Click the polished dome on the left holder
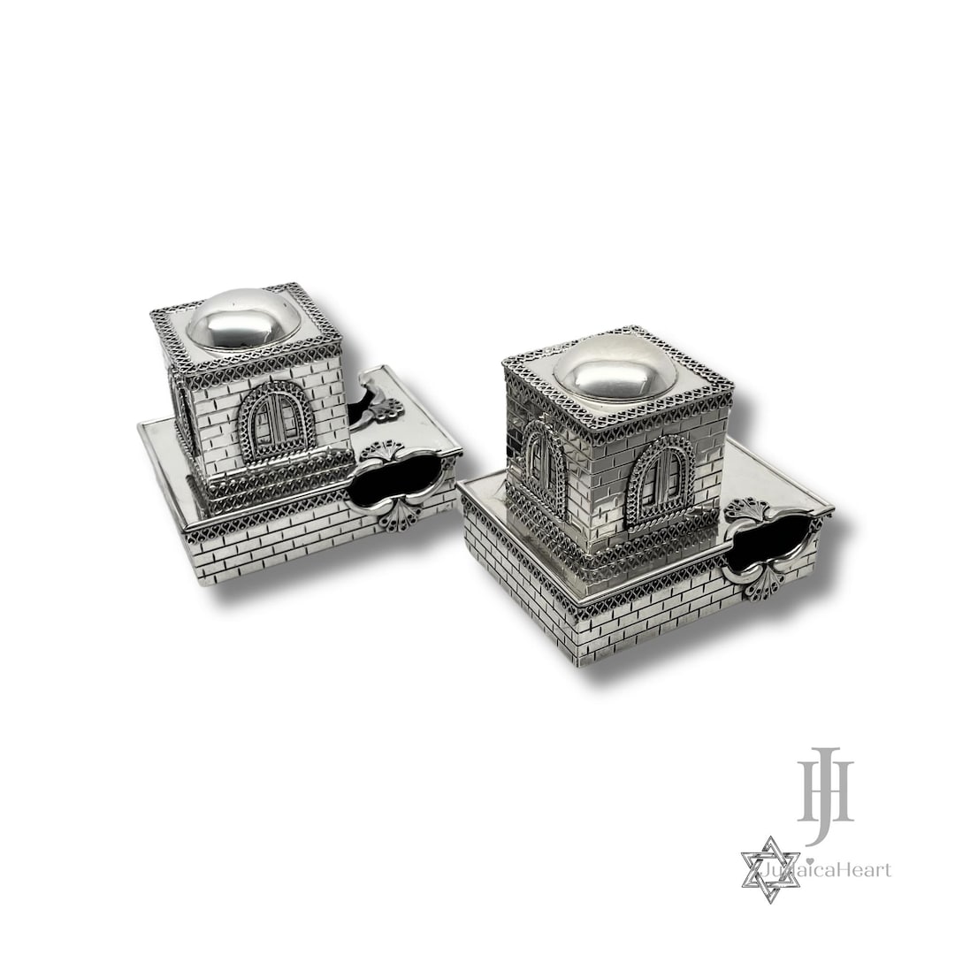[242, 320]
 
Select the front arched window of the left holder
[276, 423]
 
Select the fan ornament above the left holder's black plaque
[382, 450]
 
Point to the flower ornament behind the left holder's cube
[383, 410]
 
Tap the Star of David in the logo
[769, 869]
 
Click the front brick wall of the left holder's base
[265, 548]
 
